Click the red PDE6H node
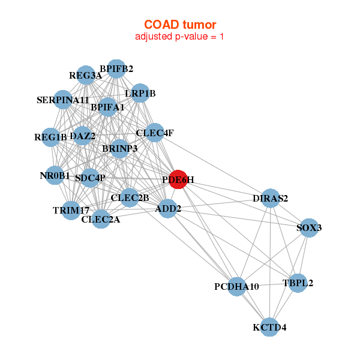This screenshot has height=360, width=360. click(x=178, y=179)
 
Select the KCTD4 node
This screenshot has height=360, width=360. click(x=270, y=327)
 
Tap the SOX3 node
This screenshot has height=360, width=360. click(x=308, y=228)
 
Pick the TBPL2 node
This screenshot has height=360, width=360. click(x=298, y=283)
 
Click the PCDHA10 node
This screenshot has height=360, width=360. click(x=238, y=287)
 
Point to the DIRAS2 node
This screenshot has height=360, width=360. click(x=271, y=199)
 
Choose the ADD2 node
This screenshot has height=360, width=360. click(x=169, y=209)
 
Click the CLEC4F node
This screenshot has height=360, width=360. click(x=155, y=133)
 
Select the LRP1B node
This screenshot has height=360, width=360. click(x=140, y=93)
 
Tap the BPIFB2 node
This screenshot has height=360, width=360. click(x=116, y=69)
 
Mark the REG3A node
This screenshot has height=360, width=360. click(x=86, y=76)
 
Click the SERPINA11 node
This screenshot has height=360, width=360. click(x=63, y=100)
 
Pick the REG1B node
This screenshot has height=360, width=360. click(x=50, y=137)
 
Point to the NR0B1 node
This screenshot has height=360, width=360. click(x=55, y=176)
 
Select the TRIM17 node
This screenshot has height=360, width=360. click(x=71, y=210)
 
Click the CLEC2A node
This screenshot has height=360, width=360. click(x=101, y=219)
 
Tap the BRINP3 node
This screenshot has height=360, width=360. click(x=119, y=148)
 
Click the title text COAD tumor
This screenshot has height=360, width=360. click(x=180, y=25)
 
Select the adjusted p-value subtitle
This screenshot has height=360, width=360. click(x=180, y=37)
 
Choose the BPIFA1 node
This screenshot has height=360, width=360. click(x=107, y=107)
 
